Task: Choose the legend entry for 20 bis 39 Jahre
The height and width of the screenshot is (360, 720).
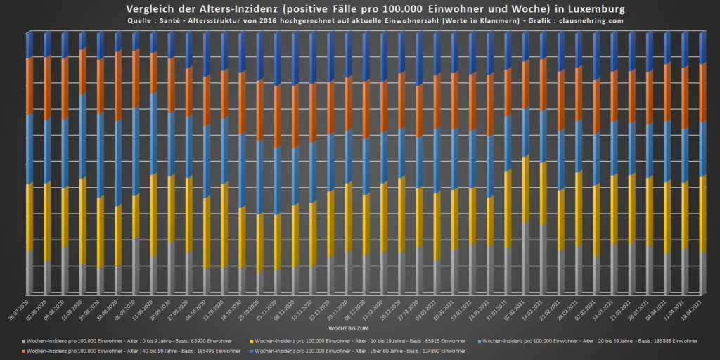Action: (590, 340)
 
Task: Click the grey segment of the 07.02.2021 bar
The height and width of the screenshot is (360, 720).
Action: (526, 257)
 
